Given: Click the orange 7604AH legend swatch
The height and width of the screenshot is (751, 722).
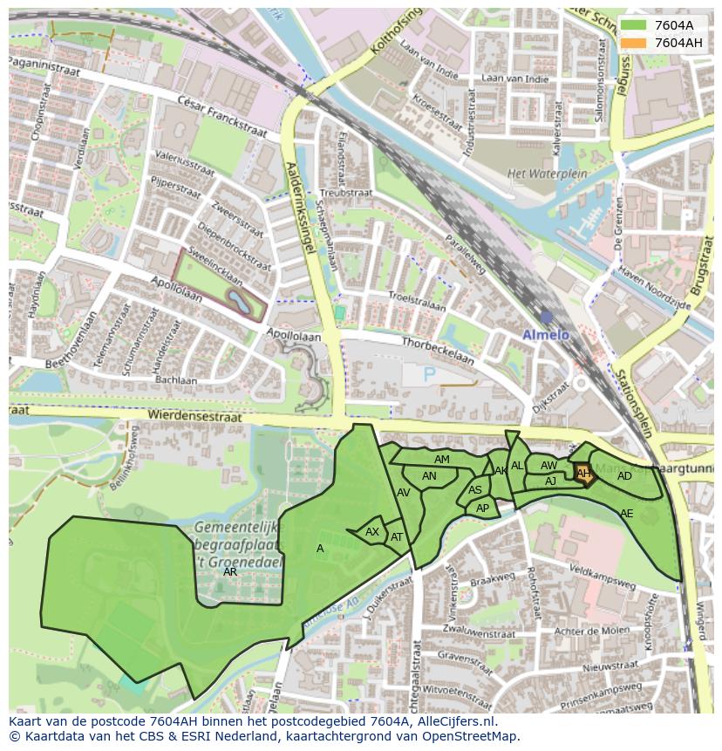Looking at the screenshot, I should (635, 43).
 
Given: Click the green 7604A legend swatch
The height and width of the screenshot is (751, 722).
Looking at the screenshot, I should (635, 25).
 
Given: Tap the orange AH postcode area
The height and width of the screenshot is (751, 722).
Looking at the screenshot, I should (583, 474).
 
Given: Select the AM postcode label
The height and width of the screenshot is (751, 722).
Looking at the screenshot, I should (442, 460).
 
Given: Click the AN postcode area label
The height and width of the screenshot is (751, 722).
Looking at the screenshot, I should (429, 476).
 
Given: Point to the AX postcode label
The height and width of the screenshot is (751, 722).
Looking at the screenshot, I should (372, 532).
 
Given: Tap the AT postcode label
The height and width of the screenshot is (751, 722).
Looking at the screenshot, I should (397, 537).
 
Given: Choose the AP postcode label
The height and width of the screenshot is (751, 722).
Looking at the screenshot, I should (482, 508).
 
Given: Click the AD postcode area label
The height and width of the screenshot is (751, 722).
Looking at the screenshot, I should (624, 476).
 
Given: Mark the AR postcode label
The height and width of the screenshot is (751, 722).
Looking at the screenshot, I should (230, 572).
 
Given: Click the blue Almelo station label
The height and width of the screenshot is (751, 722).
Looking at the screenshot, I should (545, 335).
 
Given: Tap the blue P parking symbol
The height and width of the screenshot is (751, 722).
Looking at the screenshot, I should (429, 374).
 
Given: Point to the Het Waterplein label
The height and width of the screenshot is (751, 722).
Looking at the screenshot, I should (538, 174).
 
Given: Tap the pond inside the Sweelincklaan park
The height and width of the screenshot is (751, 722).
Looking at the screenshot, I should (236, 302).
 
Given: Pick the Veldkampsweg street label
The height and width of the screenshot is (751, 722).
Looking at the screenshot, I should (600, 577).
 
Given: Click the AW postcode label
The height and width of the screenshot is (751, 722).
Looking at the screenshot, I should (548, 466).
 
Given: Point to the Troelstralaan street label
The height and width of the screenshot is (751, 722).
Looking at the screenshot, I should (417, 300).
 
